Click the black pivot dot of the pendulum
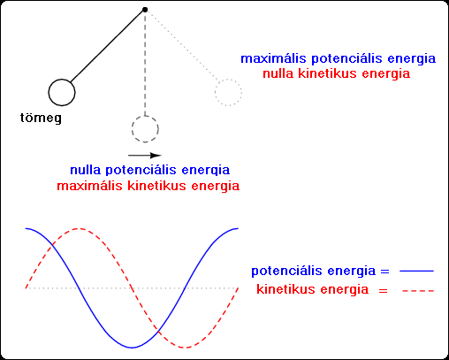(145, 10)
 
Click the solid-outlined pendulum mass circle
(49, 93)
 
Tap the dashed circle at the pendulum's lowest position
(132, 129)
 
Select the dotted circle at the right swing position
(216, 93)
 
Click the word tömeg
(41, 119)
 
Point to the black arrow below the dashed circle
(145, 156)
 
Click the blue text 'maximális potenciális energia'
(339, 59)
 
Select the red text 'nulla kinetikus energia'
(336, 73)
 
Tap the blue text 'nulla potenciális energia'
(149, 171)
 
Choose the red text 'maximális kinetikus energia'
(148, 187)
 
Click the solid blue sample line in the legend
(416, 271)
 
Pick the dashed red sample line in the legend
(418, 291)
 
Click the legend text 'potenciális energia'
(314, 272)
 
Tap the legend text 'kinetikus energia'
(313, 289)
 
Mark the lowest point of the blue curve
(132, 348)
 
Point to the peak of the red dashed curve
(79, 228)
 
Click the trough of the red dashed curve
(185, 348)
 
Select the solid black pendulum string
(107, 46)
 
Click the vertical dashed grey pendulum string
(145, 64)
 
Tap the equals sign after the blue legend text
(385, 272)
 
